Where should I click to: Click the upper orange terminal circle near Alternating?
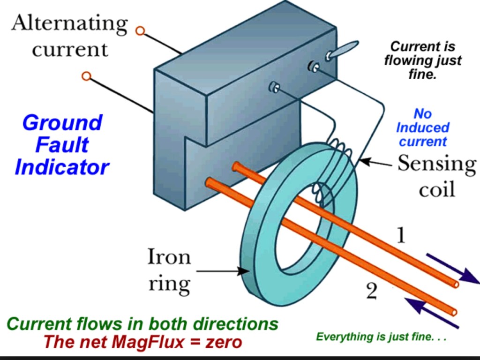[x=140, y=31]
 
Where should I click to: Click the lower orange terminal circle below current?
[x=86, y=76]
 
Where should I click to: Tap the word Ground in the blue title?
[x=62, y=123]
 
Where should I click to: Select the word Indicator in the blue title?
[x=62, y=166]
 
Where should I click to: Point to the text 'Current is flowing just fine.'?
[x=422, y=60]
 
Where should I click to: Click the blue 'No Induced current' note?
[x=423, y=127]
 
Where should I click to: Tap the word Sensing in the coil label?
[x=436, y=164]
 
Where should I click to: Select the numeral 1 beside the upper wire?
[x=400, y=236]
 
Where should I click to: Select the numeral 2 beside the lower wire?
[x=371, y=292]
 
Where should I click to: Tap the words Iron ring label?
[x=169, y=270]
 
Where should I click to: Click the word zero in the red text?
[x=224, y=342]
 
